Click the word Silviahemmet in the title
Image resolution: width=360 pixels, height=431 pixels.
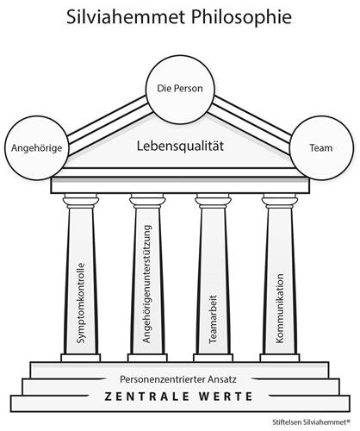tap(127, 17)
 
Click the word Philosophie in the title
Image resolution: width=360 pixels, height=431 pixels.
tap(241, 18)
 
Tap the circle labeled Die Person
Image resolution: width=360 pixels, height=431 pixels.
tap(180, 89)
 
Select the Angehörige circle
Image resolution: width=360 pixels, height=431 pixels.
tap(36, 148)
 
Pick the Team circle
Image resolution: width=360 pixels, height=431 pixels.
tap(321, 148)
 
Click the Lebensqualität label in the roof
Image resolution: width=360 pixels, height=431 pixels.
tap(180, 146)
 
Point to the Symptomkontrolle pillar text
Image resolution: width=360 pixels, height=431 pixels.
tap(81, 303)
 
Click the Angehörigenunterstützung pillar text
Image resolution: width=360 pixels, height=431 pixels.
tap(147, 284)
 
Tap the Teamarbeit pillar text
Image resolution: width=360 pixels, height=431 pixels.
tap(213, 319)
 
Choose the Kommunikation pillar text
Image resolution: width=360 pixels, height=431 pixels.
tap(280, 309)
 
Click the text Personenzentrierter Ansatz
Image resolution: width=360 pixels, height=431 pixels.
tap(178, 379)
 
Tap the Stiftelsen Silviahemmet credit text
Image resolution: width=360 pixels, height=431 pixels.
tap(312, 422)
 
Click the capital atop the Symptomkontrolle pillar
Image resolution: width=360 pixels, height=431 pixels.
tap(81, 201)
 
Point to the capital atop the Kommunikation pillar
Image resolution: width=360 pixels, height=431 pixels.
tap(280, 201)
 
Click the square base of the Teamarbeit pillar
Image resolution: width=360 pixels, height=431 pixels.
tap(213, 358)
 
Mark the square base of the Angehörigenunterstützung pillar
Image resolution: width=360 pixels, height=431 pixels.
tap(147, 358)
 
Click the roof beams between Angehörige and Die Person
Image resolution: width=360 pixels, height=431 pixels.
tap(109, 124)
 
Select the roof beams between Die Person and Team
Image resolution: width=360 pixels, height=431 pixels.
tap(251, 124)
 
